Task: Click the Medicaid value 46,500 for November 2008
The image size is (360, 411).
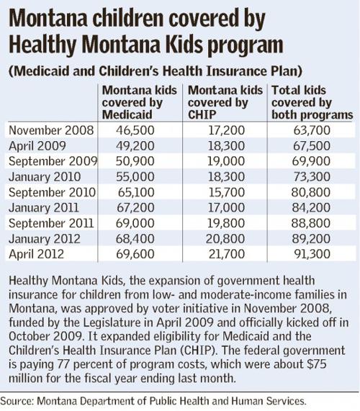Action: point(135,130)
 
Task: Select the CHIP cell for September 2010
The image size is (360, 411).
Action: point(227,192)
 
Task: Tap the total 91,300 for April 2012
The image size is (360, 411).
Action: point(312,254)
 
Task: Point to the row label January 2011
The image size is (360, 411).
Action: point(44,207)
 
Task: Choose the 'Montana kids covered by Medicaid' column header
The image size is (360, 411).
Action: point(139,102)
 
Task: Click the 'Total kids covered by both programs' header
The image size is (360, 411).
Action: point(312,102)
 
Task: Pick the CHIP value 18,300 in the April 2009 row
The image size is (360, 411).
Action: point(226,145)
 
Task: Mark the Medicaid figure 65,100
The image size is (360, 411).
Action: point(136,192)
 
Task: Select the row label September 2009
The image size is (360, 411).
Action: point(53,161)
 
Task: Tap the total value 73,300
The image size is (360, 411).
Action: point(312,176)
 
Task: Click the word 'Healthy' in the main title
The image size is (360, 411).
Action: point(42,45)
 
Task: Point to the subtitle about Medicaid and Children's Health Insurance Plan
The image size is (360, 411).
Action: point(156,71)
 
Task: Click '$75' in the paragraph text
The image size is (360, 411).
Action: point(317,364)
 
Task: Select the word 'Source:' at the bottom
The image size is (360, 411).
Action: point(17,401)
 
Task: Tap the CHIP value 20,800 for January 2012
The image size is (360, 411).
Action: point(225,238)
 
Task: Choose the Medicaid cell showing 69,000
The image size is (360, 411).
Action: point(135,223)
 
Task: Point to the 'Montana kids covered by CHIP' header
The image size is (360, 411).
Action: point(225,102)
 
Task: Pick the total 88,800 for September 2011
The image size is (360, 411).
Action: point(311,223)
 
